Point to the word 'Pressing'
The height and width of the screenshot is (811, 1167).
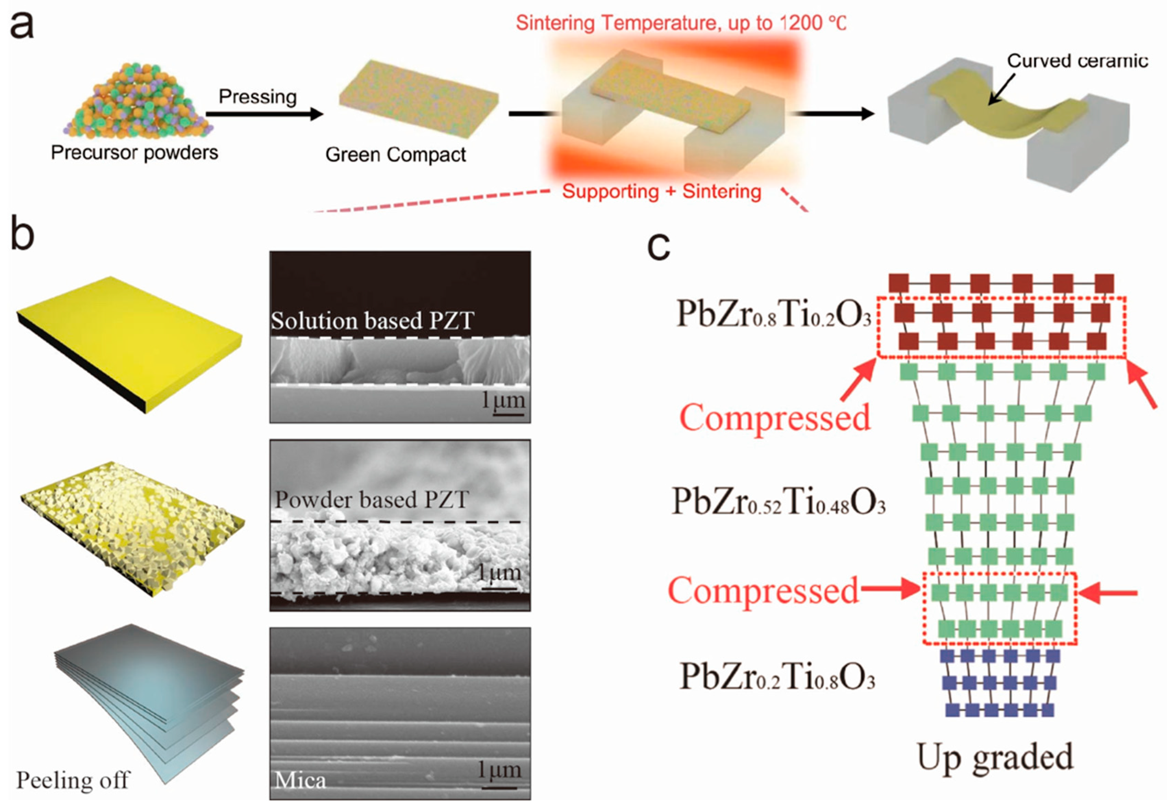point(258,97)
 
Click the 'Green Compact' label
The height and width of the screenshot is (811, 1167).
point(395,154)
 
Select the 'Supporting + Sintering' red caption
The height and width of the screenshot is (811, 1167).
point(662,192)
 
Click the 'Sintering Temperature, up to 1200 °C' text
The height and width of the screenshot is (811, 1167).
point(681,23)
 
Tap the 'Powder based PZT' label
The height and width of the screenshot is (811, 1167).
point(371,499)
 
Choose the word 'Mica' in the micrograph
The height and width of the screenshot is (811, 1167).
point(300,780)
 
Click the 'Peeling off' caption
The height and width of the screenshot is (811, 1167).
point(73,780)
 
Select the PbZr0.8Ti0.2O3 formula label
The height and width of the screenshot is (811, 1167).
point(773,314)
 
